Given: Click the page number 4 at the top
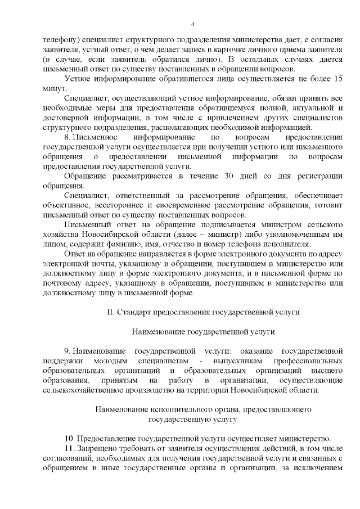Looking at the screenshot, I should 192,24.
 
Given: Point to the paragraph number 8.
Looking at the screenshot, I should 68,137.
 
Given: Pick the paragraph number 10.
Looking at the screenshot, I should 69,439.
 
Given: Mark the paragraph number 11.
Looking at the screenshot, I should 69,448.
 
